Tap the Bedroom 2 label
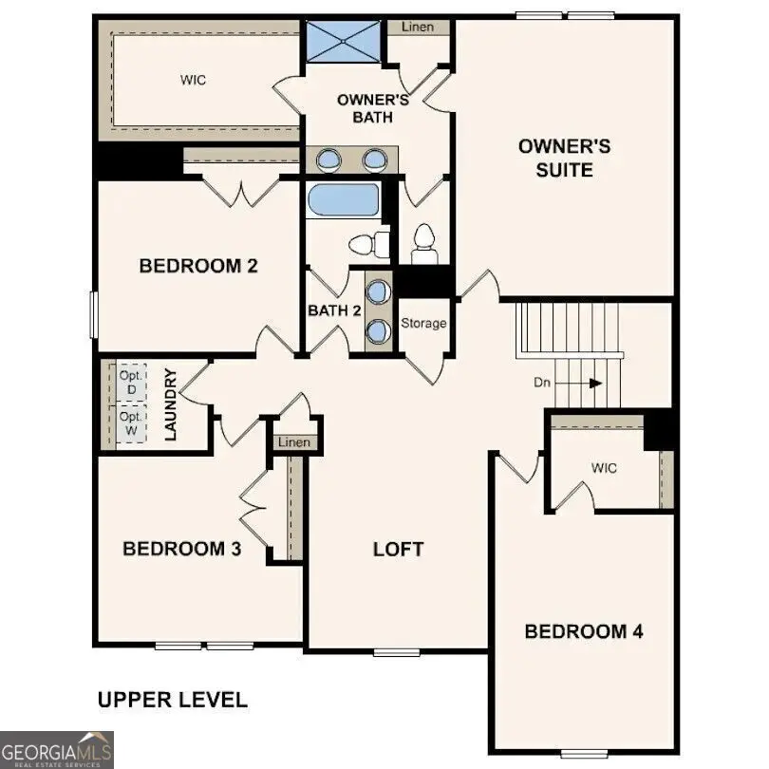click(198, 266)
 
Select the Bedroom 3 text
click(181, 549)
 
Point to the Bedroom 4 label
click(583, 631)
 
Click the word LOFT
click(398, 549)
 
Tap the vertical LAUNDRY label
click(173, 405)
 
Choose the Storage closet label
click(423, 324)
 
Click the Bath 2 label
click(334, 310)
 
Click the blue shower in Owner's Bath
click(342, 40)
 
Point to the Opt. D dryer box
click(131, 383)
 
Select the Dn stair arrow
click(580, 384)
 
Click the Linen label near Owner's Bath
click(418, 27)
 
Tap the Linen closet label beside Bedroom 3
click(294, 443)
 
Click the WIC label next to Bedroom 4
click(604, 468)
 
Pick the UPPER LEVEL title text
click(173, 701)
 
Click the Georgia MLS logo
click(57, 749)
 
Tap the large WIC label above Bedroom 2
click(193, 81)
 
